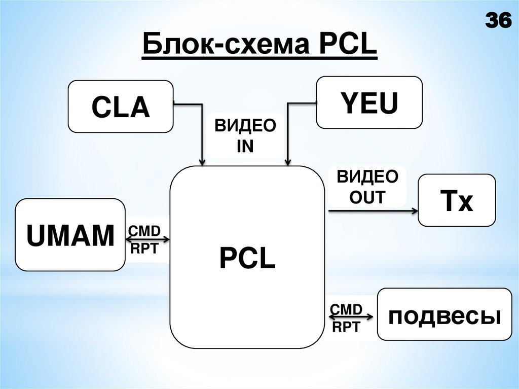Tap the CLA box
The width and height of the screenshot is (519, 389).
121,107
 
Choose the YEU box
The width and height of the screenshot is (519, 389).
369,102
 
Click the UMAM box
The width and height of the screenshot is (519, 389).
70,235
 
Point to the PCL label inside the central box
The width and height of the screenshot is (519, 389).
247,258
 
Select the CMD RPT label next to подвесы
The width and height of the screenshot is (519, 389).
346,318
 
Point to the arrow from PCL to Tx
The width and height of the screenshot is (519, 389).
373,209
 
